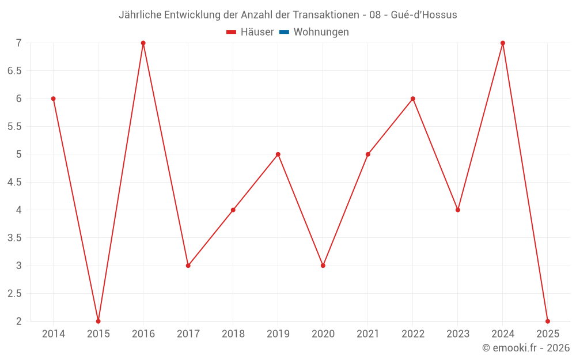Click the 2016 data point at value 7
point(143,43)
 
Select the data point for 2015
point(98,321)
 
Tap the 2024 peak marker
point(503,43)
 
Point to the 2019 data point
point(278,154)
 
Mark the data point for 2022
point(413,98)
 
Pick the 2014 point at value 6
point(54,98)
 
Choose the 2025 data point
point(548,321)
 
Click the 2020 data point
point(323,266)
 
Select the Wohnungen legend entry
point(321,32)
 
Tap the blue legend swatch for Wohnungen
point(284,32)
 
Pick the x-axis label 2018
point(233,334)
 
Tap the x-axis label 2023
point(458,334)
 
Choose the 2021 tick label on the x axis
point(368,334)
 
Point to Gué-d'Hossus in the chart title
point(423,15)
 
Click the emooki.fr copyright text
point(526,348)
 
